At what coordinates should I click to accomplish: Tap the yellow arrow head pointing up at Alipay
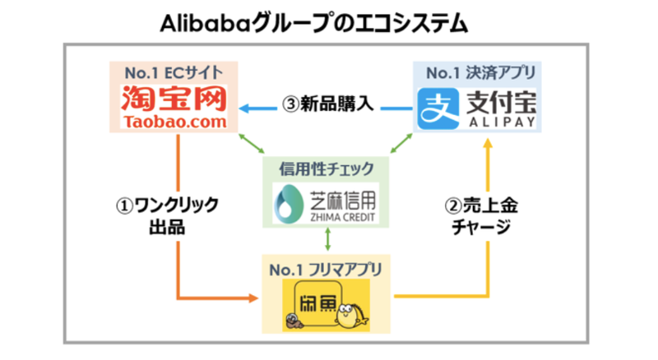pyautogui.click(x=489, y=144)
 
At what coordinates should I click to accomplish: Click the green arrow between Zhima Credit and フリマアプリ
pyautogui.click(x=329, y=239)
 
